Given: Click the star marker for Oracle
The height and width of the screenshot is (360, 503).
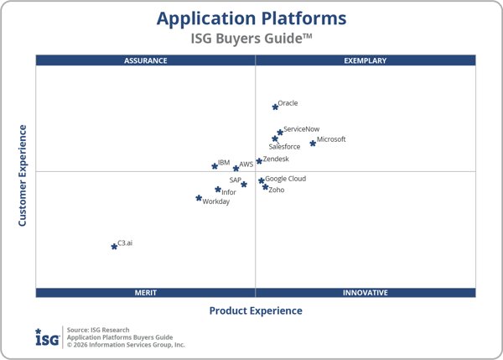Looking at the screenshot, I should (275, 107).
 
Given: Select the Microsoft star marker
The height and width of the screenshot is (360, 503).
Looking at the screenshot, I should (313, 143).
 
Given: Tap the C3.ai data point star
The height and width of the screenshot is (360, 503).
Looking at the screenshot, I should (114, 246).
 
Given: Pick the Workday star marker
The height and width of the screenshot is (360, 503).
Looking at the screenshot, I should (199, 198).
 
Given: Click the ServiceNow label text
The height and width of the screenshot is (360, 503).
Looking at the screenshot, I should (301, 129).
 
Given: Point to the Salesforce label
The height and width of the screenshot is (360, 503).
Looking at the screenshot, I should (284, 147).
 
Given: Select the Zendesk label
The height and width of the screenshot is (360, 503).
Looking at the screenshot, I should (276, 159).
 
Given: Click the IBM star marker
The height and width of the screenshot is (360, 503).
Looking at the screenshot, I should (215, 166).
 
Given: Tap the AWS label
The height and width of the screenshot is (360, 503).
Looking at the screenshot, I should (246, 164).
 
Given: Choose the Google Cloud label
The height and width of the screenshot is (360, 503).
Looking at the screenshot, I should (285, 179).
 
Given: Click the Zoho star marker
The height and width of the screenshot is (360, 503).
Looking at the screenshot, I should (266, 187).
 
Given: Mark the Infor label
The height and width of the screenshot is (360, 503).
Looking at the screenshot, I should (229, 192).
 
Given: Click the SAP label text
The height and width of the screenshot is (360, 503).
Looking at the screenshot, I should (236, 180).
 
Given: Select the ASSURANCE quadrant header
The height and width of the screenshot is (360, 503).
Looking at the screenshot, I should (146, 60).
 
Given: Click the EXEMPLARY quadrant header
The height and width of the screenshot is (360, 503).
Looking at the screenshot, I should (366, 60).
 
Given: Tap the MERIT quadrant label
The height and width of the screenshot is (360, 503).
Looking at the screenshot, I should (146, 293).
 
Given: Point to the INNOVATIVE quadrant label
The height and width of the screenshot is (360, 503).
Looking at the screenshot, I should (366, 293).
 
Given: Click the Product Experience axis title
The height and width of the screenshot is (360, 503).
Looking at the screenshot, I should (256, 311).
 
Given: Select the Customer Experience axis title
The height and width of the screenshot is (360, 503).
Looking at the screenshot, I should (23, 175).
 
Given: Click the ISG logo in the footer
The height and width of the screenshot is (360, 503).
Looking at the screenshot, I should (47, 337).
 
